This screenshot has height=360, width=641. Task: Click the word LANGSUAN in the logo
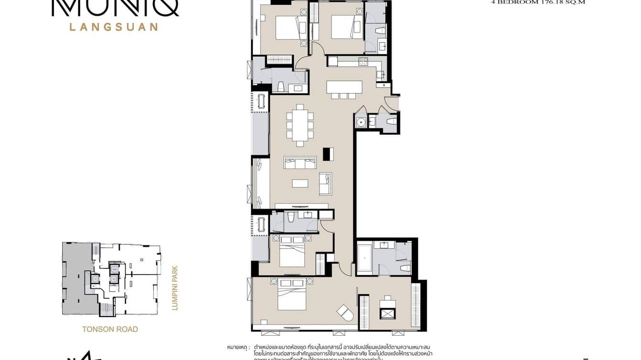[x=114, y=27]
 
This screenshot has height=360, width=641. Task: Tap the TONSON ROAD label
[x=110, y=329]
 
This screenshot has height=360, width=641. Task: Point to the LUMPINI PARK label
[x=174, y=288]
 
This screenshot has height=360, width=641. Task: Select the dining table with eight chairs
[x=299, y=125]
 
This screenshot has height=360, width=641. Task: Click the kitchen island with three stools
[x=344, y=88]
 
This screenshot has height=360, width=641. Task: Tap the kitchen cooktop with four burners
[x=363, y=61]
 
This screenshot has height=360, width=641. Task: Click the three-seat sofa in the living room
[x=300, y=163]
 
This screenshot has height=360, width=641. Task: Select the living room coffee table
[x=300, y=183]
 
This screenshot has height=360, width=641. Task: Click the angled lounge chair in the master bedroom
[x=345, y=313]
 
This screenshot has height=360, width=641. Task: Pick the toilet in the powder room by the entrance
[x=391, y=122]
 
